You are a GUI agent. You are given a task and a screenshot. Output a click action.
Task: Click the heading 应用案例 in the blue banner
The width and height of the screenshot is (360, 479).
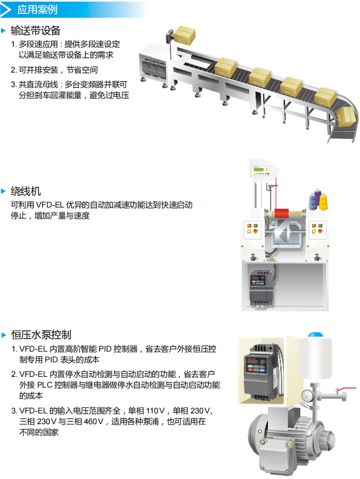click(37, 10)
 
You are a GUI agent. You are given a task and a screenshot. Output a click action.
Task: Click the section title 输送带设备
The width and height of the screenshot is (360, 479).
click(36, 31)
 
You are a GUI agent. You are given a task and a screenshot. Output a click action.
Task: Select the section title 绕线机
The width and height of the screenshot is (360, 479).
click(26, 191)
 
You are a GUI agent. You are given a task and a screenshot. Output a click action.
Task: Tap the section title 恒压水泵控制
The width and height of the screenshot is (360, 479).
click(41, 335)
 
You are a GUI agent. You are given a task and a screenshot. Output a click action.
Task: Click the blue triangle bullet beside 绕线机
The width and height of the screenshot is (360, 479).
click(4, 191)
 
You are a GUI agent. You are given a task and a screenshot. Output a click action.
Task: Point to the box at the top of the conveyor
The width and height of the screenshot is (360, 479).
click(185, 35)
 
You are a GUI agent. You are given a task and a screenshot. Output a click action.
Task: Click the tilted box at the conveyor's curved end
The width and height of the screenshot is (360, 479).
click(346, 117)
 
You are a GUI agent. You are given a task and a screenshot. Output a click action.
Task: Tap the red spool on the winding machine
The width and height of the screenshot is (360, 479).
click(281, 213)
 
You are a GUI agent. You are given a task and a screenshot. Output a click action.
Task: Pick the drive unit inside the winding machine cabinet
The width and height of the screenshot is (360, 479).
click(262, 288)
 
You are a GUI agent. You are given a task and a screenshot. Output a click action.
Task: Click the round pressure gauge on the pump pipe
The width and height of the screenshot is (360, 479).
click(307, 396)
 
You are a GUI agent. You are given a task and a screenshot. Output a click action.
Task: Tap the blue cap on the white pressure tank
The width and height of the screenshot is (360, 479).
click(316, 335)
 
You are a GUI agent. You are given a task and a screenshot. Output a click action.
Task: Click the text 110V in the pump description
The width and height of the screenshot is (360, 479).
click(153, 411)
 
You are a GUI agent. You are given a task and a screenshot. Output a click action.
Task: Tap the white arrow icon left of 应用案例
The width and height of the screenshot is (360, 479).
click(5, 10)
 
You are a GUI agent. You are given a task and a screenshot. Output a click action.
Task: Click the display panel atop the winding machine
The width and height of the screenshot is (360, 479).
click(260, 171)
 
